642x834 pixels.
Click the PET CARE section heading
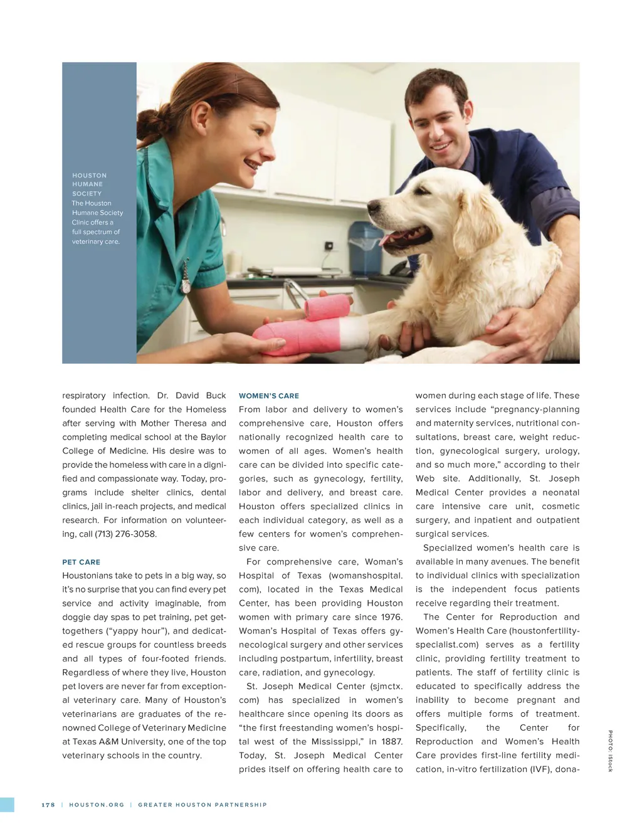(x=81, y=562)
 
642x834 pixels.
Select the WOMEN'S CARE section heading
(x=268, y=396)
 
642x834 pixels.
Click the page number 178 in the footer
(x=48, y=805)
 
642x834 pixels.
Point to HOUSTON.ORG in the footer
(x=97, y=805)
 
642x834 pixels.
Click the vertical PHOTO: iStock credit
(x=609, y=751)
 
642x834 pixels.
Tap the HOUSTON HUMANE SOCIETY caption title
(x=89, y=184)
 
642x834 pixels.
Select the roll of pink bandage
(x=327, y=307)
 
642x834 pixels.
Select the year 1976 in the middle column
(x=391, y=617)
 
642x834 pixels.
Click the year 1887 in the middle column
(x=391, y=742)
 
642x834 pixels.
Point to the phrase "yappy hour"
(x=143, y=631)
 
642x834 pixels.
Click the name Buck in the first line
(x=216, y=396)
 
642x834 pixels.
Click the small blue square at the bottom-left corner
(x=7, y=805)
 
